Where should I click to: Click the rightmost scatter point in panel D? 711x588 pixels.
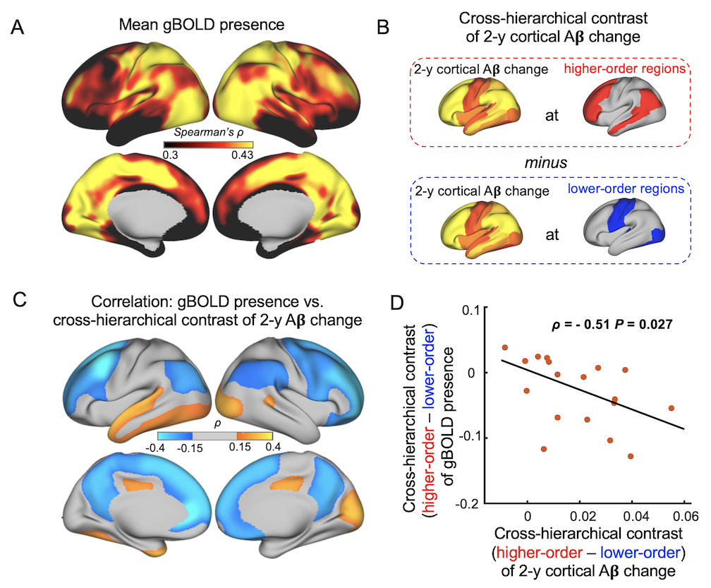coord(671,408)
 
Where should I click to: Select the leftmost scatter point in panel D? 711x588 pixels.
coord(505,348)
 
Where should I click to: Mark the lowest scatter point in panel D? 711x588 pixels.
coord(631,457)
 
